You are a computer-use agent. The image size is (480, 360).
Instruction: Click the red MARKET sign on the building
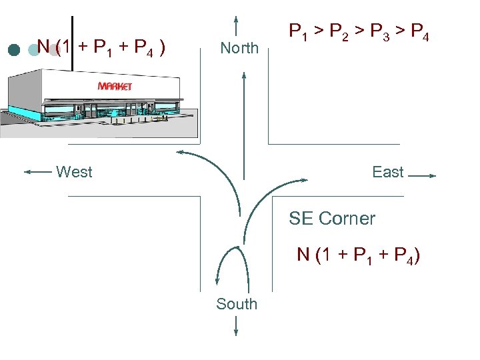tap(115, 86)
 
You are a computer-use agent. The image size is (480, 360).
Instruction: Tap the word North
tap(239, 48)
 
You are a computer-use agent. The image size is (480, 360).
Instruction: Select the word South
tap(236, 304)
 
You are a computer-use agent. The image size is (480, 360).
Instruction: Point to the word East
tap(387, 172)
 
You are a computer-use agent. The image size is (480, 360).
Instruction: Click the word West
tap(74, 172)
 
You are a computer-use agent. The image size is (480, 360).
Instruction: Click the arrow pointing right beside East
tap(421, 176)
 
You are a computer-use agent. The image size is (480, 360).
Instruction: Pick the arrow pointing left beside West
tap(38, 172)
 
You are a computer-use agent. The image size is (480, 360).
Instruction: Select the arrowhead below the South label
tap(237, 331)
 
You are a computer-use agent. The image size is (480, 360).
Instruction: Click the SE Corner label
tap(332, 218)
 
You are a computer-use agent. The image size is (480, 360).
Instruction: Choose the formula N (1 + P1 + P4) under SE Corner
tap(358, 255)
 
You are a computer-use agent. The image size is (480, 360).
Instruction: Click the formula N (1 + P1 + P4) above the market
tap(101, 47)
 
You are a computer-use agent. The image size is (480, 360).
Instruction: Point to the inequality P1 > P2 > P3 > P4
tap(358, 31)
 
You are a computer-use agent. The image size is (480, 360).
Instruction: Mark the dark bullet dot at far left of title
tap(13, 49)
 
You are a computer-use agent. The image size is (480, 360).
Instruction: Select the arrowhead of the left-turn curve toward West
tap(180, 153)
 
